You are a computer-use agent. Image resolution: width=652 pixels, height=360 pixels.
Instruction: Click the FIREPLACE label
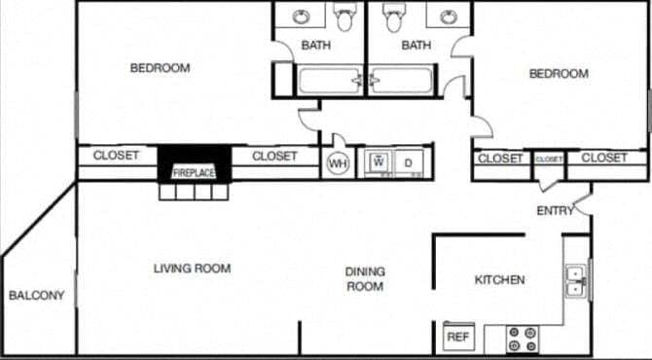[x=195, y=173]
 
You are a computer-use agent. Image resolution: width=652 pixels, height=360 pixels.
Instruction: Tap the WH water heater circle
[x=338, y=162]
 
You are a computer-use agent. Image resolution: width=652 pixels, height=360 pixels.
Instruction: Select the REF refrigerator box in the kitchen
[x=456, y=337]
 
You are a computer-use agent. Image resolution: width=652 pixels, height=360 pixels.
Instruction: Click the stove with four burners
[x=524, y=339]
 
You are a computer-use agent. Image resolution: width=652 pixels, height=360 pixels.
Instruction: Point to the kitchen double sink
[x=575, y=280]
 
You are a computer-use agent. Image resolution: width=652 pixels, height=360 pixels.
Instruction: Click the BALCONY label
[x=36, y=296]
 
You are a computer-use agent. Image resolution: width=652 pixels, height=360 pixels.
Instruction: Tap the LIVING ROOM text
[x=192, y=269]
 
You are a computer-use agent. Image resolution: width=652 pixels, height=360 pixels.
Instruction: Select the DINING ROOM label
[x=365, y=279]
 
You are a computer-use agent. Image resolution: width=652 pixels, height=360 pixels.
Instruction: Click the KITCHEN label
[x=499, y=280]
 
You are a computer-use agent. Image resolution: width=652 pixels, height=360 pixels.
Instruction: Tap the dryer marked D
[x=410, y=162]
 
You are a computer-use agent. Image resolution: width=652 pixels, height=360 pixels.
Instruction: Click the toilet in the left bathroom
[x=344, y=18]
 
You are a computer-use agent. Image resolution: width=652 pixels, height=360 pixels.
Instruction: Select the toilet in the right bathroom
[x=394, y=18]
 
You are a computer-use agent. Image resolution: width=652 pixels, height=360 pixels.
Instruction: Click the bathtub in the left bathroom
[x=329, y=80]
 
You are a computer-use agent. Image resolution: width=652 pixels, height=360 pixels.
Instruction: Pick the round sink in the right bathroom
[x=448, y=17]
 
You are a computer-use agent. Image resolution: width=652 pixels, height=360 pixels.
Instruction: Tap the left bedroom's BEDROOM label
[x=160, y=68]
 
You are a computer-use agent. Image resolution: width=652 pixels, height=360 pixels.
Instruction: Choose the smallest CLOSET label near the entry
[x=549, y=159]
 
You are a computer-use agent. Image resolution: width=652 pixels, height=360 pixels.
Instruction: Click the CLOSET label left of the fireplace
[x=117, y=156]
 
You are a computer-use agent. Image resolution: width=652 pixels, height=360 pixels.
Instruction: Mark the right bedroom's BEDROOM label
[x=559, y=74]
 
